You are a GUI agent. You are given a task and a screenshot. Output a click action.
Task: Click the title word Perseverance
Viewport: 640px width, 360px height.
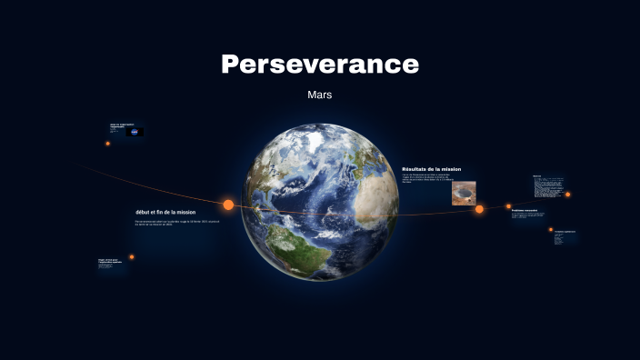(x=320, y=65)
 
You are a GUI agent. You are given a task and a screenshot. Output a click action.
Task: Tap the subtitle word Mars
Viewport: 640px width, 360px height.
(x=320, y=95)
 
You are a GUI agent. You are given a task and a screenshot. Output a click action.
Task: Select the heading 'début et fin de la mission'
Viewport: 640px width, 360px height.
(x=165, y=212)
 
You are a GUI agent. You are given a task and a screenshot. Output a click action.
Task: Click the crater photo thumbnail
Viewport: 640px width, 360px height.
(x=464, y=193)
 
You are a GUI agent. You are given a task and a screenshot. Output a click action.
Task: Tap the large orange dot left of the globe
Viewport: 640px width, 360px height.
(x=228, y=205)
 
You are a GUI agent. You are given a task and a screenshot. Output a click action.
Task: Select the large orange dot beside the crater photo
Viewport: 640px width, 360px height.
(x=479, y=209)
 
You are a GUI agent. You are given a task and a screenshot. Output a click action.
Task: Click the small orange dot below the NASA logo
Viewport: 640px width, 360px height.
(x=107, y=144)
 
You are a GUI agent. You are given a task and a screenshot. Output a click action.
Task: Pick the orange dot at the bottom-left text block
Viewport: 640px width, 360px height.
(x=132, y=257)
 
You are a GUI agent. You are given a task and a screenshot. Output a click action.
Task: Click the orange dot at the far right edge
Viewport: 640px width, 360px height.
(x=568, y=194)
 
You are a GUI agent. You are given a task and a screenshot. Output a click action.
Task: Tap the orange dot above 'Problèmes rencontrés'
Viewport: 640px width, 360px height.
(x=508, y=206)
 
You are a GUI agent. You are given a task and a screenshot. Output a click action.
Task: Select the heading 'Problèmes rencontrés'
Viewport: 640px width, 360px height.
(x=525, y=211)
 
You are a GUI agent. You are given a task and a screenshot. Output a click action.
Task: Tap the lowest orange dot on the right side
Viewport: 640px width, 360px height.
(x=551, y=230)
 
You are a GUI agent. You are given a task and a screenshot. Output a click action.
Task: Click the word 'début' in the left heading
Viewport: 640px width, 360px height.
(x=143, y=212)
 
